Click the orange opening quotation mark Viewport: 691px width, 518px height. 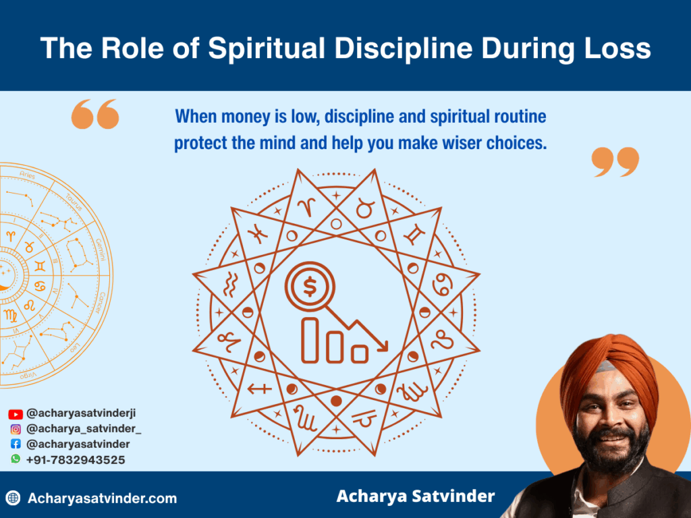[95, 114]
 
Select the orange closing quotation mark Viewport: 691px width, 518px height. [615, 162]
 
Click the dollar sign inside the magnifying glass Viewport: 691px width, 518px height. [310, 288]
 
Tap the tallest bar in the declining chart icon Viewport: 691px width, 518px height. [311, 339]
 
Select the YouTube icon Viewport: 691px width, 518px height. [16, 414]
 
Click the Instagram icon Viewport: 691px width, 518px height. [16, 429]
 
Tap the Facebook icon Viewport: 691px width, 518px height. [16, 444]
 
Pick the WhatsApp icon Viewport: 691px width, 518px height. [16, 459]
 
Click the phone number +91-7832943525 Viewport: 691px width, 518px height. [76, 460]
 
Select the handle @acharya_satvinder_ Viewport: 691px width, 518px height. [84, 429]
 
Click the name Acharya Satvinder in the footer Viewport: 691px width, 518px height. [415, 496]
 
